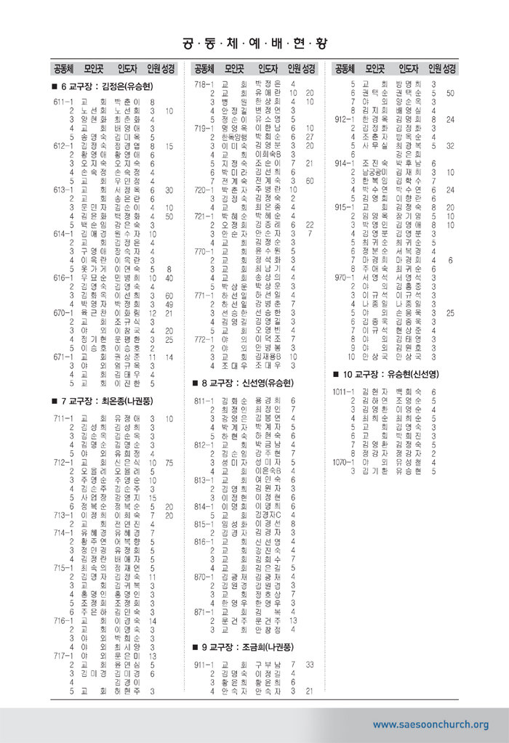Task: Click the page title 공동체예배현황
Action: (x=254, y=37)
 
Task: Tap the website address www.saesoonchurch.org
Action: (x=430, y=724)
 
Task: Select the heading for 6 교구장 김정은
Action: (x=108, y=87)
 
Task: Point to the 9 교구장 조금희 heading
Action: (x=249, y=646)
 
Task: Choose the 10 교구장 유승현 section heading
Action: (x=389, y=374)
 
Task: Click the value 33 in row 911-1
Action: (x=309, y=665)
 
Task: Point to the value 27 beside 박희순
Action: (x=309, y=136)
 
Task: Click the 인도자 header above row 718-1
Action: (x=270, y=69)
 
